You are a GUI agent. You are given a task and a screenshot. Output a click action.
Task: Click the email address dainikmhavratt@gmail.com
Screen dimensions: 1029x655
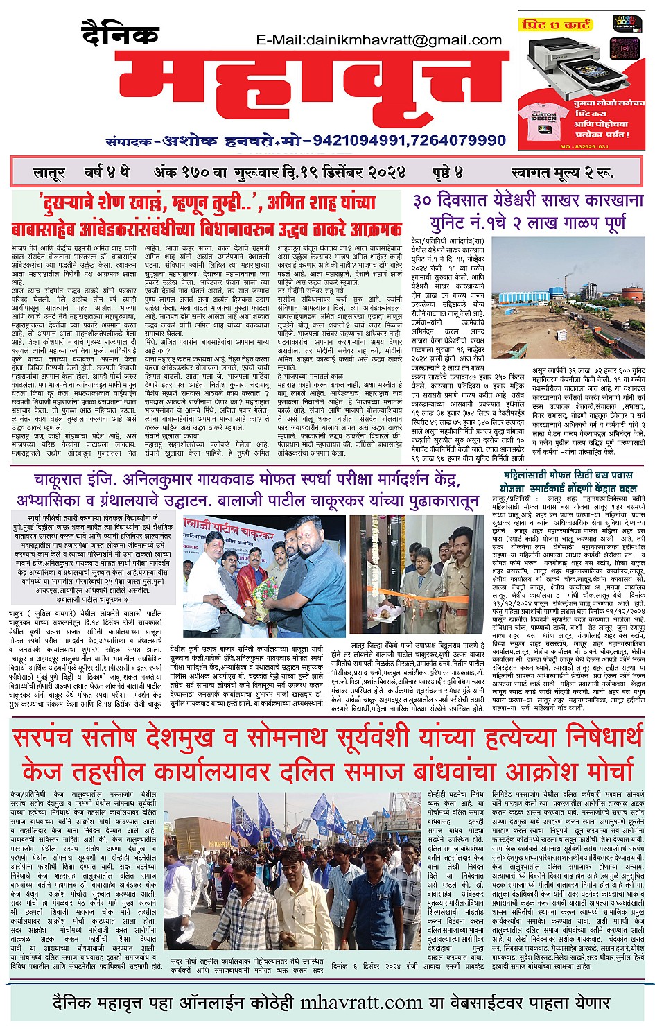[x=381, y=40]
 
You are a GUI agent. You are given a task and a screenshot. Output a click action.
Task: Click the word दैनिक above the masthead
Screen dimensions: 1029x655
[x=120, y=33]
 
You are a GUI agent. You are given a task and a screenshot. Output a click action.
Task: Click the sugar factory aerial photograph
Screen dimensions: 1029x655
[x=570, y=291]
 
